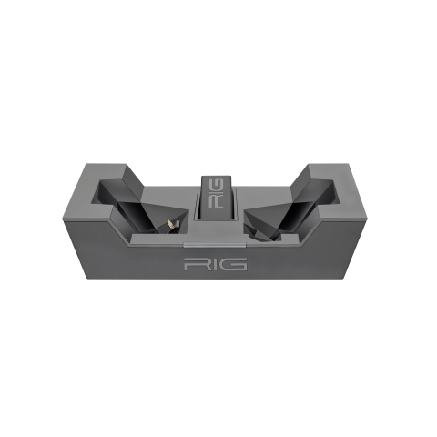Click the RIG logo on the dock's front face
click(x=216, y=264)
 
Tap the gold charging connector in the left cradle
click(x=171, y=225)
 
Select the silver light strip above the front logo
click(x=214, y=245)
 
